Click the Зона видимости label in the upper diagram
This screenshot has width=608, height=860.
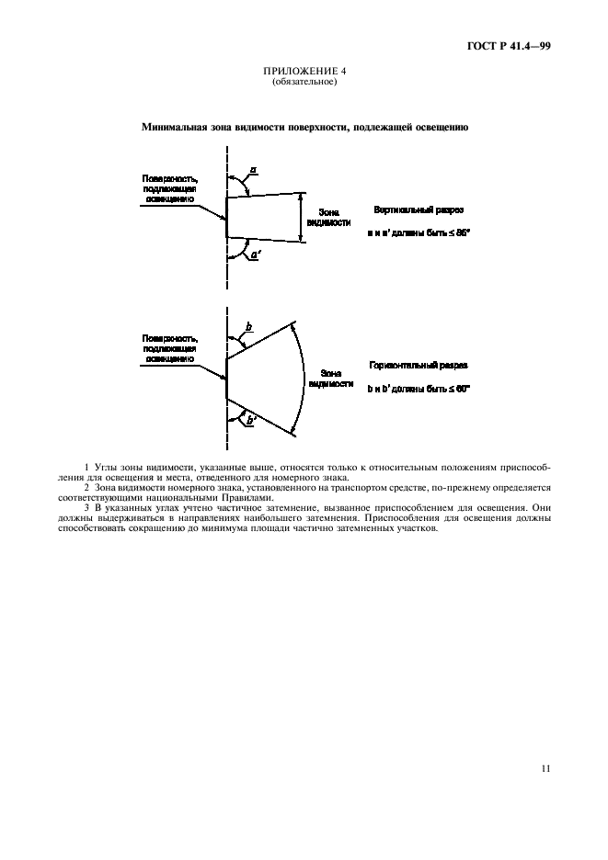click(x=330, y=217)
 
